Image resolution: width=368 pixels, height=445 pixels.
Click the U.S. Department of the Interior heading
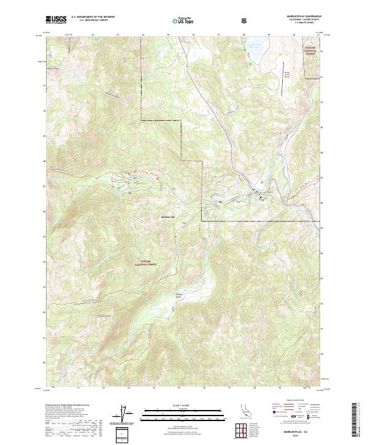(x=92, y=17)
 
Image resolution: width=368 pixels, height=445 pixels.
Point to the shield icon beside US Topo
(x=246, y=20)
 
